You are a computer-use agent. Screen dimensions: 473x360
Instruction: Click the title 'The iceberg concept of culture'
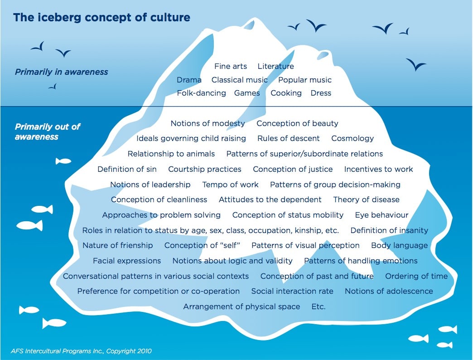tap(101, 18)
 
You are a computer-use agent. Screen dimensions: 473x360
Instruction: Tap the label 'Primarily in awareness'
tap(62, 72)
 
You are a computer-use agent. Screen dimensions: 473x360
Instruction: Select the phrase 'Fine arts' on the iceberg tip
tap(231, 66)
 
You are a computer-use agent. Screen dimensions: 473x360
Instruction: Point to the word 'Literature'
tap(276, 66)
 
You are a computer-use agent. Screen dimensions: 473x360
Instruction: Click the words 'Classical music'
tap(240, 80)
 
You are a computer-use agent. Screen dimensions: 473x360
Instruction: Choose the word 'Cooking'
tap(286, 93)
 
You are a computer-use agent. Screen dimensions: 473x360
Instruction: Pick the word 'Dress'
tap(321, 93)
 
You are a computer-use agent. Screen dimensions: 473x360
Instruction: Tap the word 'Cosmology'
tap(352, 138)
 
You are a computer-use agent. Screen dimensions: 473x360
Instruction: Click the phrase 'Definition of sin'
tap(127, 169)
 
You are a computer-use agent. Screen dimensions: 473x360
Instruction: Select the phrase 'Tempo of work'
tap(230, 185)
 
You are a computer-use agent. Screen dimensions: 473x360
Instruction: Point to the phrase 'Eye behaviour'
tap(381, 215)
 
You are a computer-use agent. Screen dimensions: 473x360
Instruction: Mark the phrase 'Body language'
tap(400, 246)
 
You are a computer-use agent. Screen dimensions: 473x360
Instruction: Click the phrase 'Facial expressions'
tap(127, 261)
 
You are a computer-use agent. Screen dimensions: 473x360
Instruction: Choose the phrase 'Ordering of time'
tap(416, 277)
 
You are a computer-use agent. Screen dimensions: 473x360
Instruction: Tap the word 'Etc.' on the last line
tap(319, 307)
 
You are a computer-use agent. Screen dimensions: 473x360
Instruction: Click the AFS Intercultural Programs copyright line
tap(81, 351)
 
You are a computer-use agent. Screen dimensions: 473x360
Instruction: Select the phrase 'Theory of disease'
tap(366, 200)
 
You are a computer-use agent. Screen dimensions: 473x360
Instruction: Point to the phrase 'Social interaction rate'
tap(292, 291)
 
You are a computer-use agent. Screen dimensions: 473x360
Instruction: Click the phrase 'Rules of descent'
tap(289, 138)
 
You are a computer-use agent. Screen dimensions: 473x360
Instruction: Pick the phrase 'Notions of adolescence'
tap(389, 291)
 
